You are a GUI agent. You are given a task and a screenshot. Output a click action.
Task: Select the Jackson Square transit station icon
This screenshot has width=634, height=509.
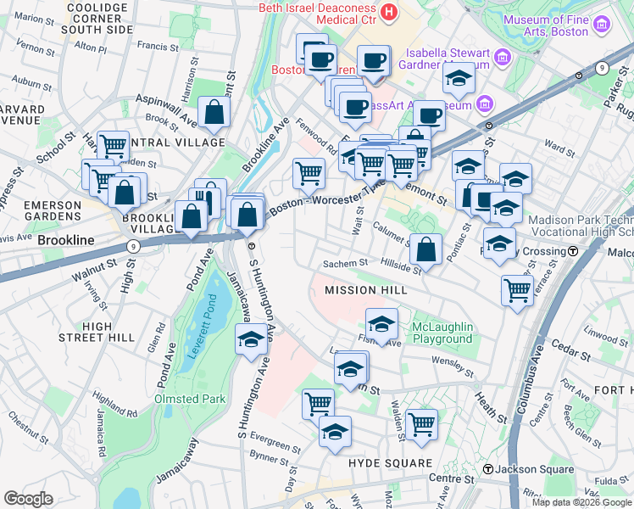488,470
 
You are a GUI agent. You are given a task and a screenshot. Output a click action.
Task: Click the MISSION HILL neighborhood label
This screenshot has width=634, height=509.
366,290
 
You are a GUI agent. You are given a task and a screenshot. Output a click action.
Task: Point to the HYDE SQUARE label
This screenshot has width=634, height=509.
390,463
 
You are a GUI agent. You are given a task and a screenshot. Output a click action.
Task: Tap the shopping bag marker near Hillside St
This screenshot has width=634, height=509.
427,249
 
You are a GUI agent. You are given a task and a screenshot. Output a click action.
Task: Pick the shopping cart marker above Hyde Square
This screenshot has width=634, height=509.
421,423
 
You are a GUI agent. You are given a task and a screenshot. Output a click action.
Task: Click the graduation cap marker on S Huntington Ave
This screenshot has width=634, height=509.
250,340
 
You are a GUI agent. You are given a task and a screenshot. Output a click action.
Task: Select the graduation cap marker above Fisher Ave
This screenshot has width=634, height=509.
381,324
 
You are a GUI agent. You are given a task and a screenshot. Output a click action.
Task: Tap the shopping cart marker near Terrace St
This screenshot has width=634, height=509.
517,290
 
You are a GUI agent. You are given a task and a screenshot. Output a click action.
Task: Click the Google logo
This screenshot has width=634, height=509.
28,499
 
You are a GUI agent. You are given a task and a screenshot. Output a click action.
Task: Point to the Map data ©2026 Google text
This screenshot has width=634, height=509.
581,502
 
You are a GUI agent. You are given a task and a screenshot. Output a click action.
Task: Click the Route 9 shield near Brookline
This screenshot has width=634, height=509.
132,246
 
